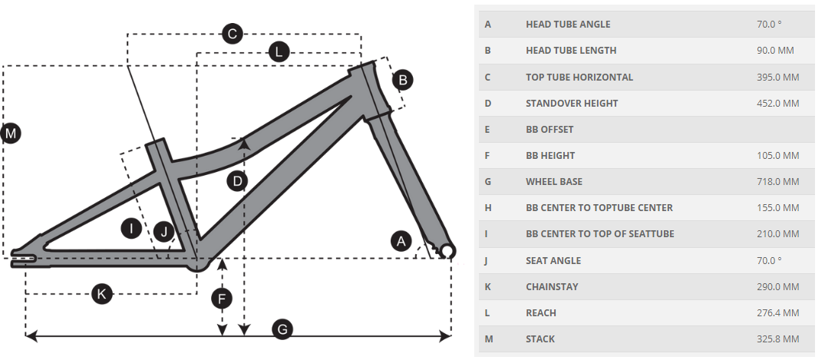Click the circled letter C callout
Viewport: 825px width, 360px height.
click(232, 35)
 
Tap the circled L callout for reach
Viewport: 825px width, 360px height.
click(279, 52)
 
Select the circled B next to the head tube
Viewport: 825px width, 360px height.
click(403, 80)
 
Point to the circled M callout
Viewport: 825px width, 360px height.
click(11, 133)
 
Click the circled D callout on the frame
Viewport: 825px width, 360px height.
click(237, 182)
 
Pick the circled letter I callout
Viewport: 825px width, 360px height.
click(131, 228)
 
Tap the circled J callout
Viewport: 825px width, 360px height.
click(164, 231)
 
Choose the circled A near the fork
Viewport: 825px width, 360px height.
click(401, 242)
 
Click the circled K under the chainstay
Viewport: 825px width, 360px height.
click(102, 294)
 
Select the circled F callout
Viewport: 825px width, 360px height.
click(222, 299)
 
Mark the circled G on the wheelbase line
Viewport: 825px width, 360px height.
click(282, 329)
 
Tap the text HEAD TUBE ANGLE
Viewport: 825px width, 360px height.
click(568, 25)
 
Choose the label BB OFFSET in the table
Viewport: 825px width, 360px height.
click(549, 130)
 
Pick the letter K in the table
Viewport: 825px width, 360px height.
click(487, 287)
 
